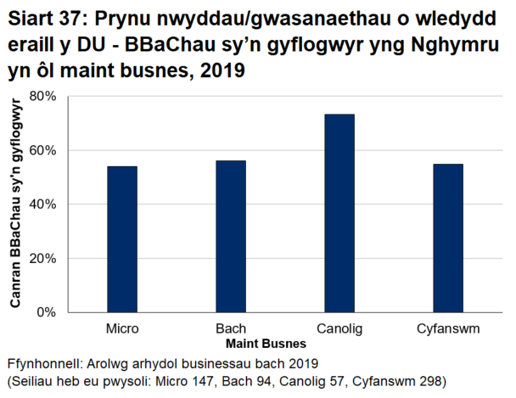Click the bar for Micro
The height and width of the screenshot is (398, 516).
[x=122, y=239]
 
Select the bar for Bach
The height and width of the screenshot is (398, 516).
[x=231, y=237]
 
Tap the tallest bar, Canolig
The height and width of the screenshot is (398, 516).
[x=339, y=213]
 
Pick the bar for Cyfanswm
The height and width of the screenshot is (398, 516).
[x=448, y=238]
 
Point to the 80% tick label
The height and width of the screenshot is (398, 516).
[x=42, y=97]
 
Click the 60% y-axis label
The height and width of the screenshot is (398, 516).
[x=42, y=150]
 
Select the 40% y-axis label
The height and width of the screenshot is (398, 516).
[x=42, y=205]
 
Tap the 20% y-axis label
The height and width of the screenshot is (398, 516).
[x=42, y=258]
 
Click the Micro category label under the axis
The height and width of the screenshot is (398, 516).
[x=122, y=328]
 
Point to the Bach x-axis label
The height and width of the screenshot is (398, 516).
[x=231, y=328]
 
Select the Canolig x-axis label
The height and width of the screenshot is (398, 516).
[x=339, y=328]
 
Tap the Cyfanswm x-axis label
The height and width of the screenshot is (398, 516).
[x=448, y=328]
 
